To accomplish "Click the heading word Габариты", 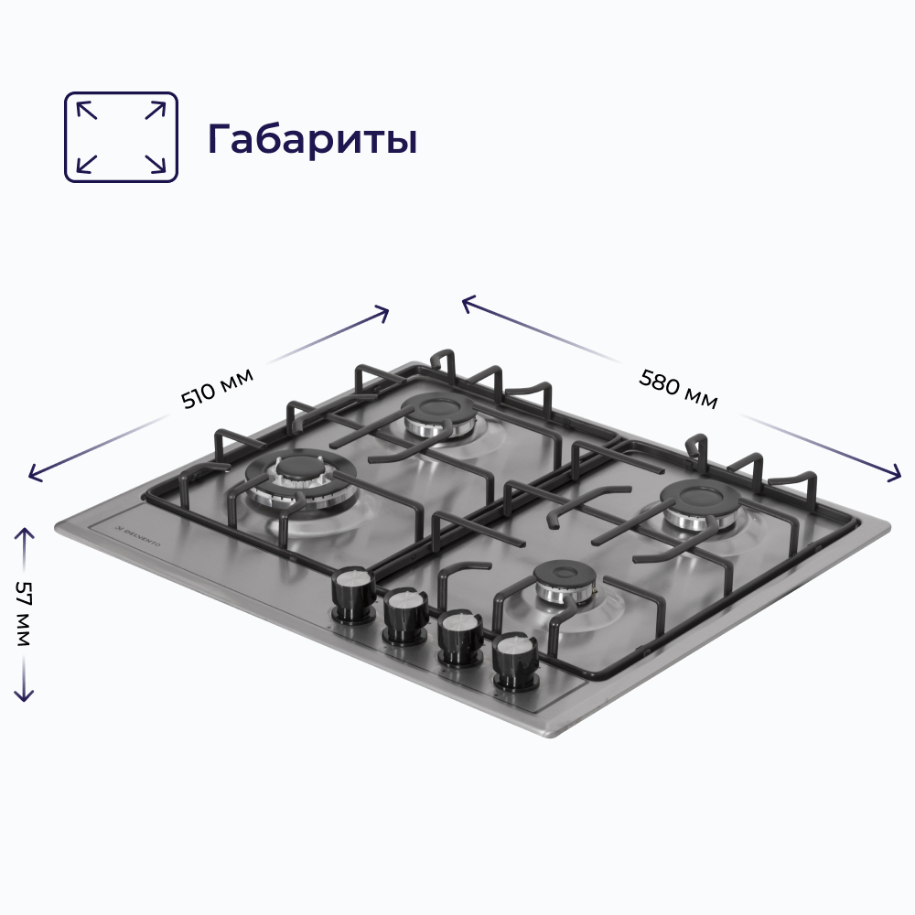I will pyautogui.click(x=312, y=139).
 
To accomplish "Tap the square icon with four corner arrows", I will pyautogui.click(x=121, y=136).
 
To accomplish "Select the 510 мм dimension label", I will pyautogui.click(x=216, y=387).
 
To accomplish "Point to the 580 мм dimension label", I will pyautogui.click(x=678, y=388).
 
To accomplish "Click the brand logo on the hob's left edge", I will pyautogui.click(x=135, y=539).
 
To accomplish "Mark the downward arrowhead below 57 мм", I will pyautogui.click(x=24, y=697).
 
